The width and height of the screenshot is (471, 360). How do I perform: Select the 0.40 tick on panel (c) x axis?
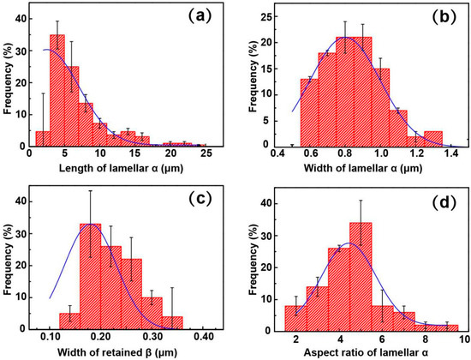tap(202, 338)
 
